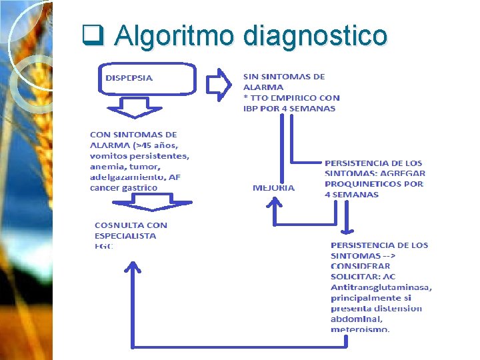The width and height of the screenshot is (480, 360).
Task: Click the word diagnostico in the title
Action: [315, 35]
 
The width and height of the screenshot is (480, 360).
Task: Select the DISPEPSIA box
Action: [147, 79]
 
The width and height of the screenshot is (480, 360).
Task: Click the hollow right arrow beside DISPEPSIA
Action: [218, 82]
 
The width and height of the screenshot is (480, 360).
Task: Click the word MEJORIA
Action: [273, 188]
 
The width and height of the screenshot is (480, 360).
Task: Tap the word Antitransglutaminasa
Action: [381, 287]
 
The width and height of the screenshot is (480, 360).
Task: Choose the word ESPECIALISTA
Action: [125, 235]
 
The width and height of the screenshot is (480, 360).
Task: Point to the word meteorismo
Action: [360, 329]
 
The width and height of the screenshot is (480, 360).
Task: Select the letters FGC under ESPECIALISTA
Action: [104, 246]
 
